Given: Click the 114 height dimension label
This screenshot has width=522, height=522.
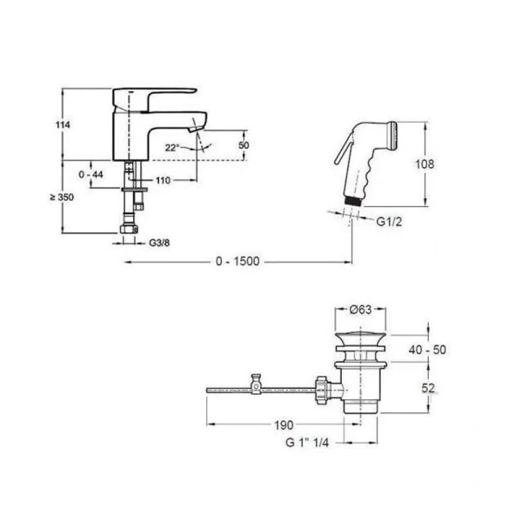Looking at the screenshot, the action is tap(63, 124).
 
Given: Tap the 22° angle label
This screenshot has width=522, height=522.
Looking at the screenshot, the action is tap(172, 148).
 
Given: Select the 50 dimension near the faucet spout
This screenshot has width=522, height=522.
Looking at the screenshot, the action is tap(244, 145).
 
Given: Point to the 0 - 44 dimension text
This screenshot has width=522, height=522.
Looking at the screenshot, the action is tap(90, 174).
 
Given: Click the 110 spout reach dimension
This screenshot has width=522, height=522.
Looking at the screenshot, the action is tap(164, 180).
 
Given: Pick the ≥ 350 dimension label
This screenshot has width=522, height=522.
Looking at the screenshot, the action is tap(62, 197).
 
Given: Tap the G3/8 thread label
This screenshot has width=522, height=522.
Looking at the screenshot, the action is tap(159, 243).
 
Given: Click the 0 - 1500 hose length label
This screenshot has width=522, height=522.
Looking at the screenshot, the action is tap(238, 261).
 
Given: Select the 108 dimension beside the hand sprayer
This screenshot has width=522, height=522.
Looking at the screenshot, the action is tap(425, 164).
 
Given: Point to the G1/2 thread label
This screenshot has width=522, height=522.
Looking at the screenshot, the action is tap(389, 222).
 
